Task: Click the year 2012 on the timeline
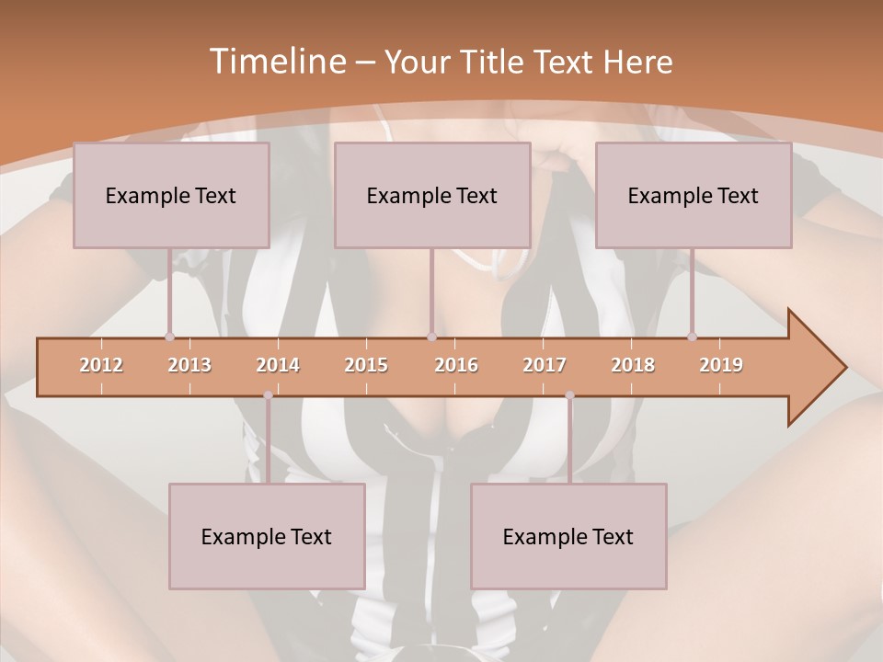[101, 365]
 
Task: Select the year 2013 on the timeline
[189, 365]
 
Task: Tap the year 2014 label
[278, 365]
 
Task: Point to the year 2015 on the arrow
[366, 365]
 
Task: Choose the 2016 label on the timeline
[456, 365]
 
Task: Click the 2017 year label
[545, 365]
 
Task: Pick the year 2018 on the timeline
[633, 365]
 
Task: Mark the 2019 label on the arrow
[721, 365]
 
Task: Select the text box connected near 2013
[171, 195]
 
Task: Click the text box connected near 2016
[432, 195]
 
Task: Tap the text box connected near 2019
[694, 195]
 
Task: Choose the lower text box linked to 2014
[267, 536]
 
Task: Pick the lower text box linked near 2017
[568, 536]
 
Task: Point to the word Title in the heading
[497, 63]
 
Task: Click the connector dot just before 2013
[169, 337]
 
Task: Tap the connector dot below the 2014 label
[268, 395]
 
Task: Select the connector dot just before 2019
[692, 337]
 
